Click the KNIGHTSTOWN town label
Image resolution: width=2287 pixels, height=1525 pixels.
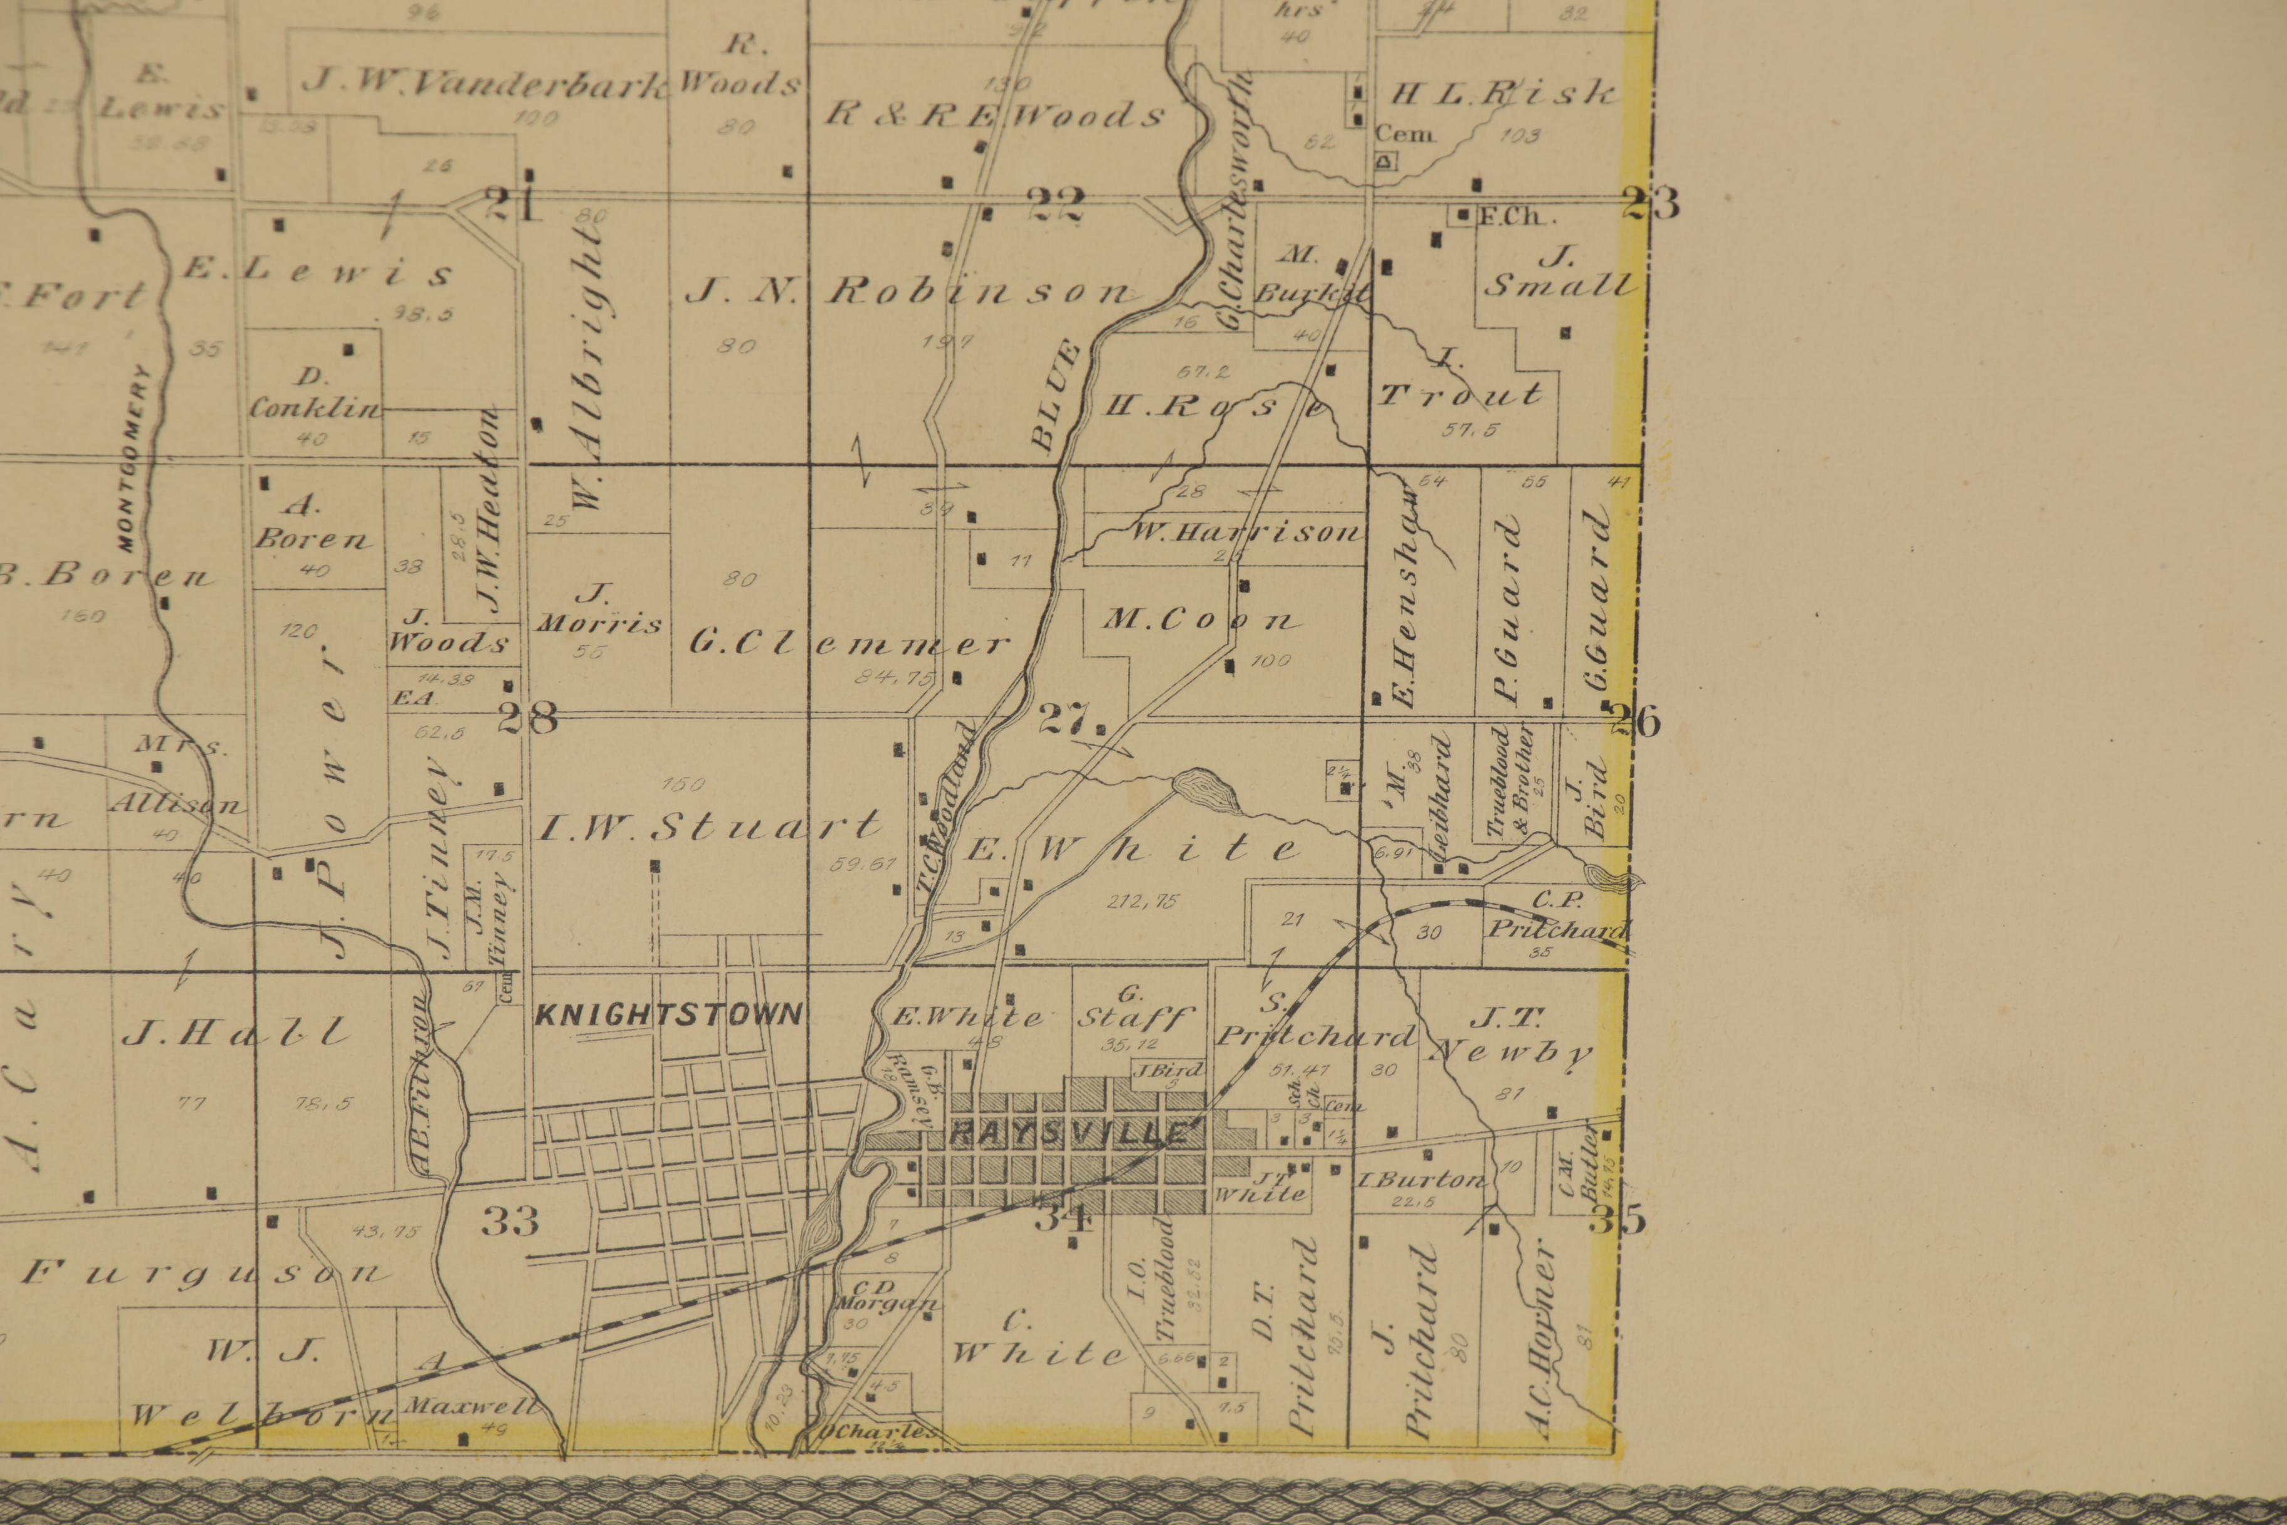(669, 1015)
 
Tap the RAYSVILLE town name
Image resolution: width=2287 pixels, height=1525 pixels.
(1070, 1134)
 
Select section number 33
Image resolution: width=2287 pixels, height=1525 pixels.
(510, 1221)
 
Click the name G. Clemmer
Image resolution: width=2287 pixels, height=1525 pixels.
(848, 643)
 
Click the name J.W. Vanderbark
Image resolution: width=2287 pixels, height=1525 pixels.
(484, 83)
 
